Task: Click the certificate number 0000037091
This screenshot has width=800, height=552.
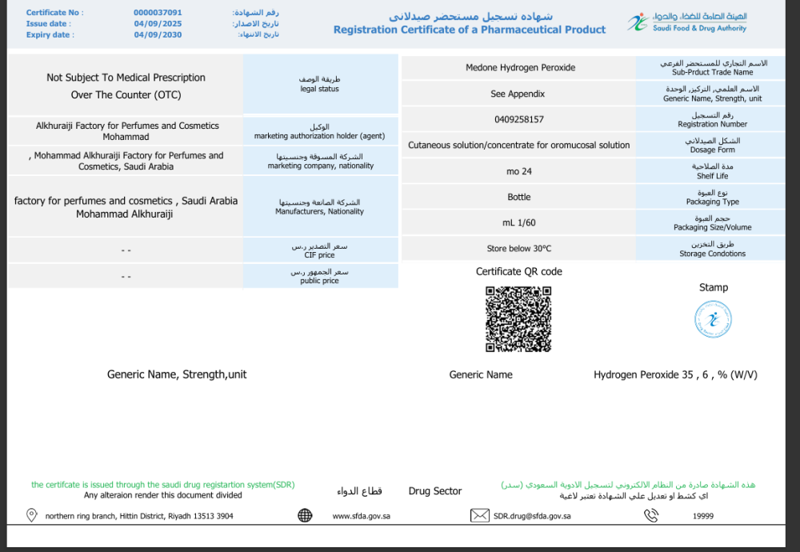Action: [x=158, y=13]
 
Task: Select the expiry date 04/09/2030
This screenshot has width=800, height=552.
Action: [x=158, y=35]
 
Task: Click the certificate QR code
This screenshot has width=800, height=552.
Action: [x=518, y=318]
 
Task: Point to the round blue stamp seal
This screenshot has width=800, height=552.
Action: [x=713, y=319]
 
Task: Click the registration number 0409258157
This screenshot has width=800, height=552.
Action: [x=519, y=119]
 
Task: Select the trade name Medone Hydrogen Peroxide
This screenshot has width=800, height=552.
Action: [x=520, y=68]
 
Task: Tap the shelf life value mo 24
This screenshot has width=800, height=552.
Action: [x=519, y=171]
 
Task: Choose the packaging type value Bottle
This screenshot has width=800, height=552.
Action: [x=519, y=197]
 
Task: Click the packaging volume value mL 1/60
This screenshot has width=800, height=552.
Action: [x=519, y=222]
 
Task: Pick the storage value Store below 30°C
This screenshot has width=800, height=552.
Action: [x=519, y=249]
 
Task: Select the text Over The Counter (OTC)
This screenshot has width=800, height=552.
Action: [x=126, y=95]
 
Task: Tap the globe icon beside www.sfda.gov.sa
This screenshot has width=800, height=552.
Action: [x=305, y=516]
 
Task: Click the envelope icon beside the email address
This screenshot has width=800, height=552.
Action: [x=479, y=516]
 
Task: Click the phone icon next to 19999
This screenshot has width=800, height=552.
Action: [x=651, y=516]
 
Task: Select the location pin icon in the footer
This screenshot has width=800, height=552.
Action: [x=32, y=516]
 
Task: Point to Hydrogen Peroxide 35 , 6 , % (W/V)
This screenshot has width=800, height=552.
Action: [x=675, y=374]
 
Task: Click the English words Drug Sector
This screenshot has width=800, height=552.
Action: [x=435, y=491]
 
